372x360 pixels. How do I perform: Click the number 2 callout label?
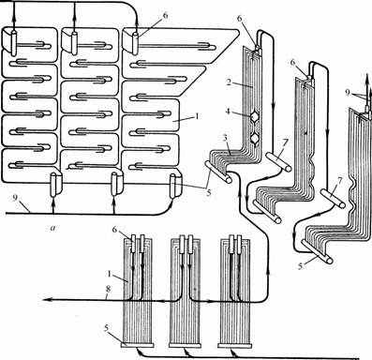[x=230, y=83]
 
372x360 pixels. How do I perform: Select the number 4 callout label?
[x=229, y=112]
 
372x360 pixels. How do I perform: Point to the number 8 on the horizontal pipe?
[x=108, y=290]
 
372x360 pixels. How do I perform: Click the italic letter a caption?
[x=52, y=229]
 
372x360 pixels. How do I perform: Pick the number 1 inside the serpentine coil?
[x=196, y=117]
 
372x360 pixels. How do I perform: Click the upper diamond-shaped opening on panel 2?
[x=255, y=117]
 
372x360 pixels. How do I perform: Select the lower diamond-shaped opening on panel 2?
[x=256, y=138]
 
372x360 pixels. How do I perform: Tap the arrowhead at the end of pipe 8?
[x=46, y=300]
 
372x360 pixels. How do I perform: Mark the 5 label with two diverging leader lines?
[x=209, y=192]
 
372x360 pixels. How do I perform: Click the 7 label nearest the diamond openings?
[x=285, y=142]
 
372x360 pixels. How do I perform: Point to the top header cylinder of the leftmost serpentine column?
[x=15, y=41]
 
